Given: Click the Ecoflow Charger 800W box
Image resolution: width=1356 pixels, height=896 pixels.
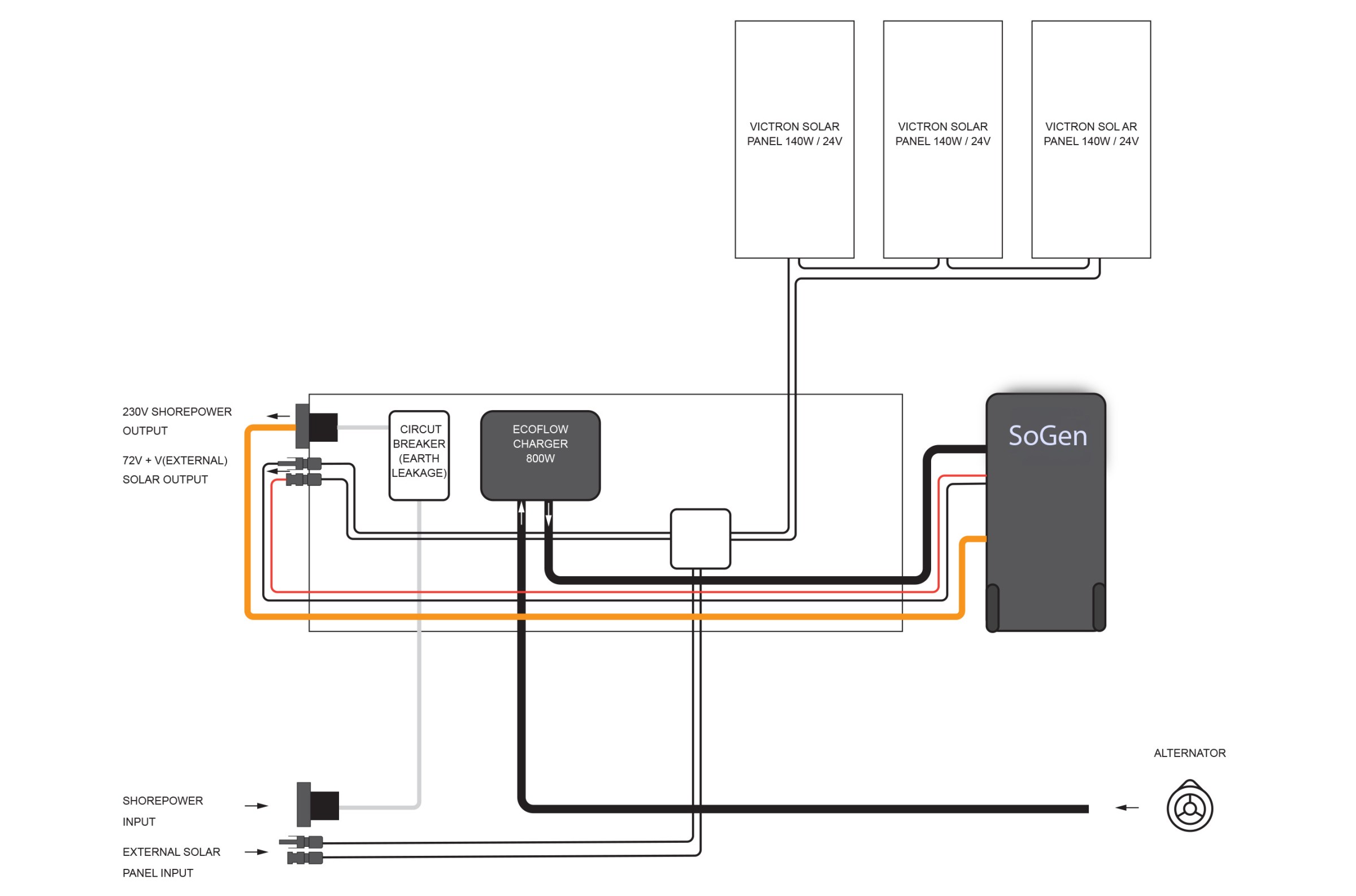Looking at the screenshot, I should (x=540, y=455).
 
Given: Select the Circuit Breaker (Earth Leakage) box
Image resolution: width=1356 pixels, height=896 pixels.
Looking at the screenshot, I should (x=419, y=455).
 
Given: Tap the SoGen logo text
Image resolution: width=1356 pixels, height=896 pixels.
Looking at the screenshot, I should (x=1047, y=436).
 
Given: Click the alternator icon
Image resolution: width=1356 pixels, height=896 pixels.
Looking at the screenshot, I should (x=1189, y=808).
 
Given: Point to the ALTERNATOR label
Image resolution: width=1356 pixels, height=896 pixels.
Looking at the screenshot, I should (x=1189, y=753).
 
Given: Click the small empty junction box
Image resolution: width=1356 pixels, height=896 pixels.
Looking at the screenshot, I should (x=700, y=539).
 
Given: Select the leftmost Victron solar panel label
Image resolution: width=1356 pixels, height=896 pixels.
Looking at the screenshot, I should (x=794, y=134).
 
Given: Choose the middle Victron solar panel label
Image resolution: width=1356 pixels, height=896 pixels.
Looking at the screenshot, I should (x=942, y=134).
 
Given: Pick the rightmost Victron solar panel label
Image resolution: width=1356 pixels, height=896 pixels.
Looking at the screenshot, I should (x=1090, y=134).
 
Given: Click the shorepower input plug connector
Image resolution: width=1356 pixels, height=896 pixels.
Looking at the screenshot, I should (x=318, y=804).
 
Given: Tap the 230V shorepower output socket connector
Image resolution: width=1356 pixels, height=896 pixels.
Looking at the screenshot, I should (x=316, y=427).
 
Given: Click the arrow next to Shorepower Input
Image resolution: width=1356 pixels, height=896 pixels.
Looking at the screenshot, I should (x=257, y=806).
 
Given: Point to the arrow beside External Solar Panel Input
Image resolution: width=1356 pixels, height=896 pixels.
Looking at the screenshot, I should (x=257, y=852).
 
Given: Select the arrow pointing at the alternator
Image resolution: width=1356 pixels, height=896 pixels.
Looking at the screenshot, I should (x=1127, y=807).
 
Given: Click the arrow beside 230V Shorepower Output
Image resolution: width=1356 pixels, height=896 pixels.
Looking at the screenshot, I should (x=279, y=416).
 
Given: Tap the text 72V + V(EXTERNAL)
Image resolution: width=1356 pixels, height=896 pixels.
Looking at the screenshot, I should (x=175, y=460).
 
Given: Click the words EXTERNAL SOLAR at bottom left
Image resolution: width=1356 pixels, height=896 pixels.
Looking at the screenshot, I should (x=171, y=852).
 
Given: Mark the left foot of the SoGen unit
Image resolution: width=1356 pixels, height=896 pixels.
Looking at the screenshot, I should (x=993, y=607).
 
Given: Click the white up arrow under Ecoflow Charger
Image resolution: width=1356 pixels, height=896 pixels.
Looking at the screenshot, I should (x=521, y=512).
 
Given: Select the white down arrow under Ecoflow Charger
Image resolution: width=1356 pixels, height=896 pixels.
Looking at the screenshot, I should (x=548, y=514).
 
